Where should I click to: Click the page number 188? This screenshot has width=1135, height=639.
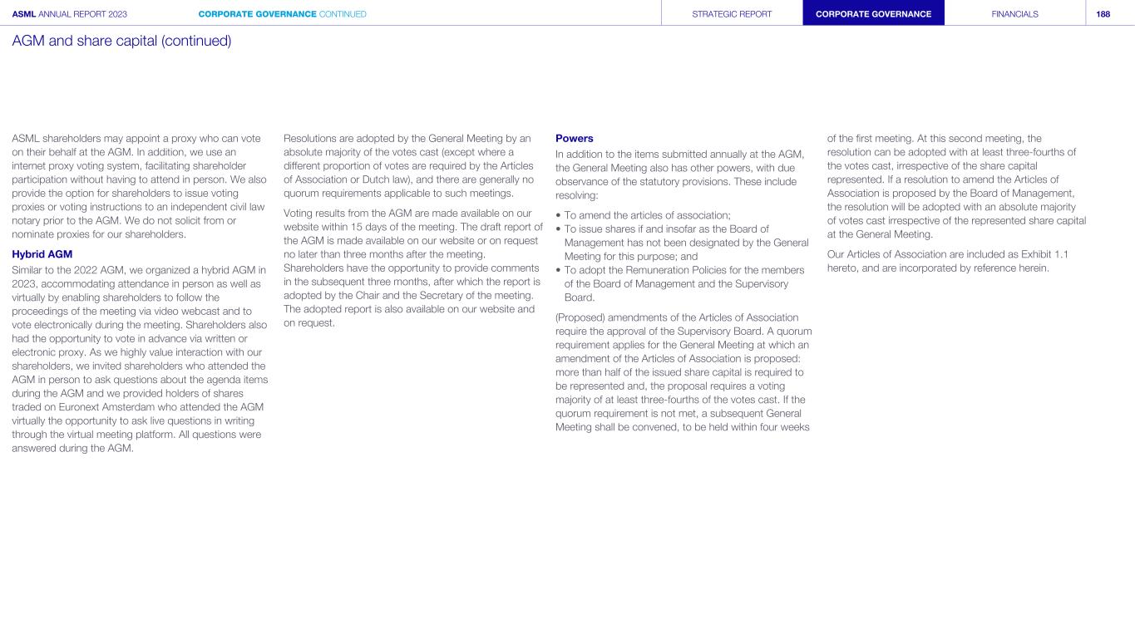pyautogui.click(x=1103, y=14)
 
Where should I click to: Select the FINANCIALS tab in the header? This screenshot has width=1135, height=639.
pyautogui.click(x=1014, y=14)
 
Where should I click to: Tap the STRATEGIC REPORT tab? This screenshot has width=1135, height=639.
pyautogui.click(x=732, y=14)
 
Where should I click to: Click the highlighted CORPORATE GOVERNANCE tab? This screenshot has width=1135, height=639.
pyautogui.click(x=873, y=14)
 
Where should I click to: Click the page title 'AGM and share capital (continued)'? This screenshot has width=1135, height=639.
pyautogui.click(x=121, y=40)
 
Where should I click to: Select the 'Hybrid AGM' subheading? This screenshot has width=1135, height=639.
pyautogui.click(x=42, y=254)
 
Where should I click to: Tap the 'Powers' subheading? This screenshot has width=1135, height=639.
pyautogui.click(x=574, y=138)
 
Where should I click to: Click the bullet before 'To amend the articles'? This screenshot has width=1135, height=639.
pyautogui.click(x=558, y=215)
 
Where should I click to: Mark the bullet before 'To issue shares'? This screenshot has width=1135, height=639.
pyautogui.click(x=558, y=229)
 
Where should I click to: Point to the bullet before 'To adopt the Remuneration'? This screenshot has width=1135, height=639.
pyautogui.click(x=558, y=270)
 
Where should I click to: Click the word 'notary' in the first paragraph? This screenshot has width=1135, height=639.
pyautogui.click(x=27, y=220)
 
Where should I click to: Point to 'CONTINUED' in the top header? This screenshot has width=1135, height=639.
pyautogui.click(x=343, y=14)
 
